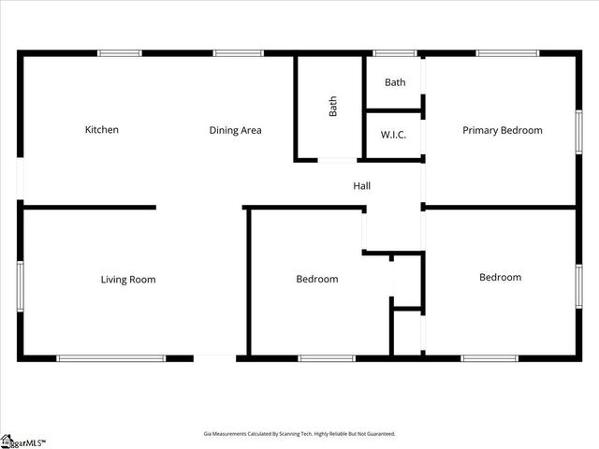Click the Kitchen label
pos(102,130)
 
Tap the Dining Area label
pos(235,130)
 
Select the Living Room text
pos(128,279)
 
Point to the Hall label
pos(361,186)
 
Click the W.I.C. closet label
pos(393,135)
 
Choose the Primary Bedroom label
pos(502,130)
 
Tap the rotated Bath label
pos(332,107)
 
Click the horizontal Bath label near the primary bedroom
pos(395,82)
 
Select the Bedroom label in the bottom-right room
pos(500,277)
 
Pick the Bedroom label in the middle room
pos(317,279)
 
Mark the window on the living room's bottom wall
pos(111,357)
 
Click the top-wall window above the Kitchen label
pos(120,53)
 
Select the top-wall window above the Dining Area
pos(239,53)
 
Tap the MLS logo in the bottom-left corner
pos(23,440)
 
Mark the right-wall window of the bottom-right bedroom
pos(578,280)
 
